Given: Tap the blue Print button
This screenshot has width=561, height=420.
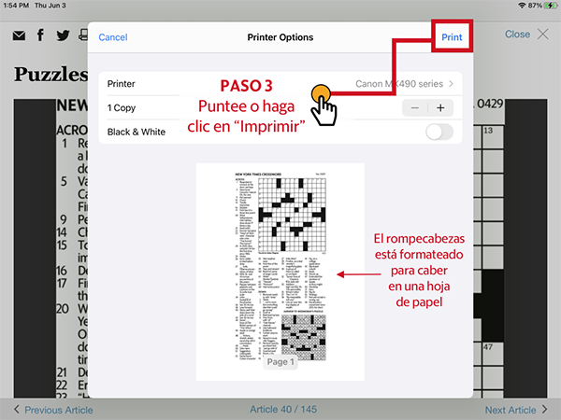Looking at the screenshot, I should pyautogui.click(x=452, y=37).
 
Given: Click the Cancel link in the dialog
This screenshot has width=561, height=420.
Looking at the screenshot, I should pyautogui.click(x=112, y=37).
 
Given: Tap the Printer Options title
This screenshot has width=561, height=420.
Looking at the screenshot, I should pyautogui.click(x=280, y=37).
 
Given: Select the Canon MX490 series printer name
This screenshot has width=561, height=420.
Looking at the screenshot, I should pyautogui.click(x=399, y=84).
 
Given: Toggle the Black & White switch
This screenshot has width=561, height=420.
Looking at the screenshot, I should pyautogui.click(x=439, y=132).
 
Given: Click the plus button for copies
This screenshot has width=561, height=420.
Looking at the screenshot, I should pyautogui.click(x=439, y=107).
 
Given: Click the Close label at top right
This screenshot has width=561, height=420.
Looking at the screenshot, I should pyautogui.click(x=517, y=35).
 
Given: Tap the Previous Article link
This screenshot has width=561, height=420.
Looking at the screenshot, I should pyautogui.click(x=58, y=410).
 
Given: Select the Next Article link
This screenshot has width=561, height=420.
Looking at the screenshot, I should pyautogui.click(x=510, y=410).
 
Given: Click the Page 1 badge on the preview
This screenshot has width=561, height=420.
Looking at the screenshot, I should pyautogui.click(x=280, y=361).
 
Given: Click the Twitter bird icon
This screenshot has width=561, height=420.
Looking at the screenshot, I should pyautogui.click(x=63, y=35).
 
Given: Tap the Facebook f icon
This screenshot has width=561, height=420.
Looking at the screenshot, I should pyautogui.click(x=41, y=35).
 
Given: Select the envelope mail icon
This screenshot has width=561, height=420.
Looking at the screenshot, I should pyautogui.click(x=19, y=35).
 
